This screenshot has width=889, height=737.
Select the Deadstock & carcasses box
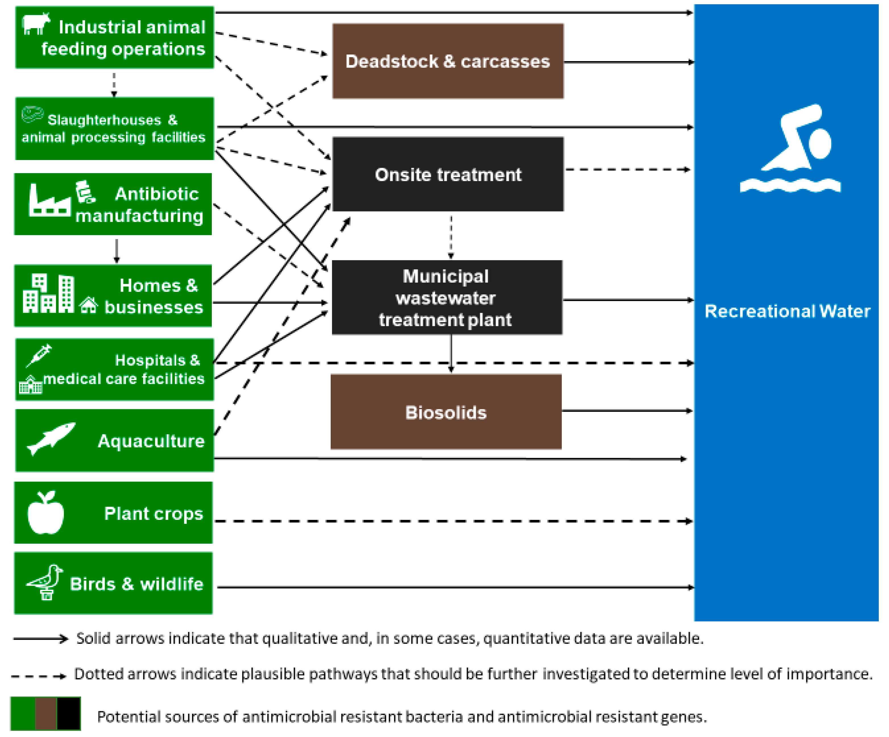point(448,61)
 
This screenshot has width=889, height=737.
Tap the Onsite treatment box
point(448,174)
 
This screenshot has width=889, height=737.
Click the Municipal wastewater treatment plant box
point(447,298)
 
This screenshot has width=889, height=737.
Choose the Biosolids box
point(446,412)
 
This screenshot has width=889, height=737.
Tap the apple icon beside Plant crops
point(46,513)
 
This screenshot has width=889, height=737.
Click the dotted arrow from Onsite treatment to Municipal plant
point(451,237)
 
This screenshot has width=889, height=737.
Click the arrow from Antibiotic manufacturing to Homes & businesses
point(117,251)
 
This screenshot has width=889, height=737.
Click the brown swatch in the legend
point(46,714)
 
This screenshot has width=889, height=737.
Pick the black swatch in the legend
point(69,714)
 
